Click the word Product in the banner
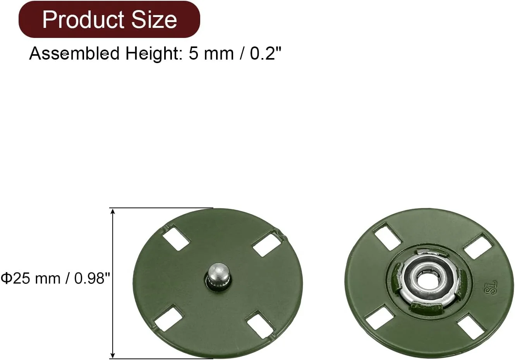[x=84, y=20]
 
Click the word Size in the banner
[x=154, y=20]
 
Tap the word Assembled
[x=74, y=53]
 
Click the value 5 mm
[x=211, y=54]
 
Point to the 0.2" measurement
[x=266, y=53]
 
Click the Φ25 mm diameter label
[x=31, y=278]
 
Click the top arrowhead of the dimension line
[x=113, y=212]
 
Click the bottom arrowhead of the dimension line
[x=113, y=354]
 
